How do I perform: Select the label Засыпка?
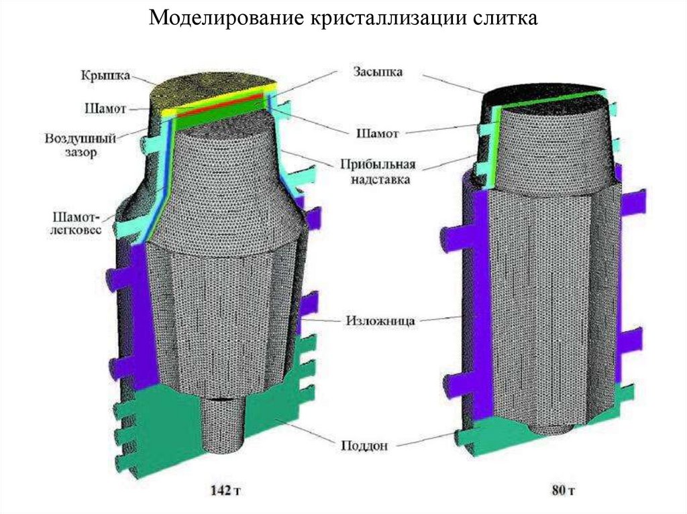coord(377,72)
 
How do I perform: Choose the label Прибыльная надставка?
coord(375,172)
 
